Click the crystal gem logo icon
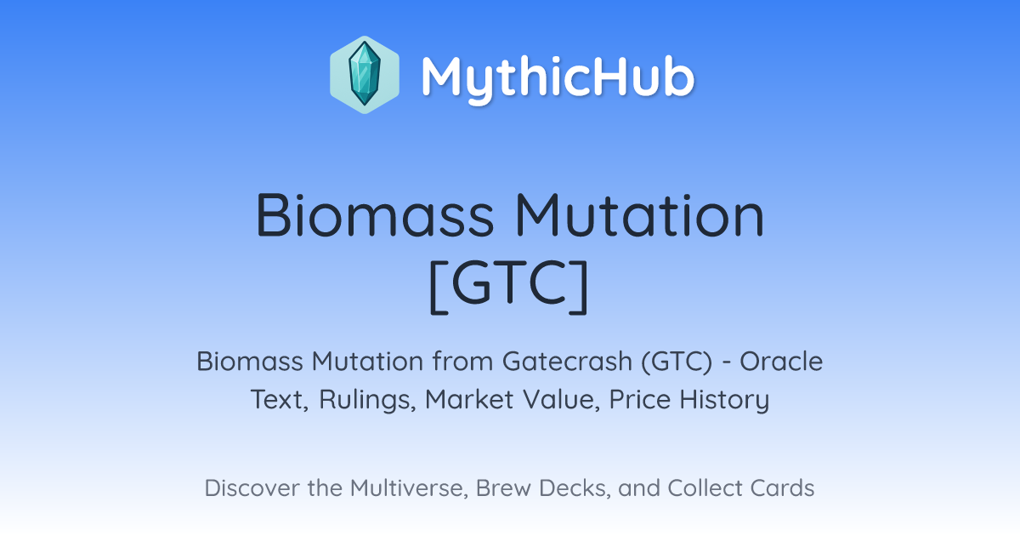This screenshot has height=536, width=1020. coord(365,75)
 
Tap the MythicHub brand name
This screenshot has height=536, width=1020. coord(558,77)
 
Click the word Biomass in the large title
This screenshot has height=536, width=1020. coord(374,215)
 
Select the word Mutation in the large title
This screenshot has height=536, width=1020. coord(639,215)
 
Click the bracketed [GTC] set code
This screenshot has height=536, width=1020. coord(509,285)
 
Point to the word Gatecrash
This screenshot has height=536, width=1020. coord(568,362)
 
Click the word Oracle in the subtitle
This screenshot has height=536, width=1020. coord(781,362)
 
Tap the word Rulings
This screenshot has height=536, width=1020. coord(367,400)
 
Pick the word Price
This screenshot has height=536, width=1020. coord(640,400)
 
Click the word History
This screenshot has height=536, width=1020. coord(724,400)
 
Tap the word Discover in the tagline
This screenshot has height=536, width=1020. coord(252,488)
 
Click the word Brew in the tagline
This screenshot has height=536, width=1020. coord(503,488)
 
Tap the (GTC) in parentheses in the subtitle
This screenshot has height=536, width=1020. coord(677,362)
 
